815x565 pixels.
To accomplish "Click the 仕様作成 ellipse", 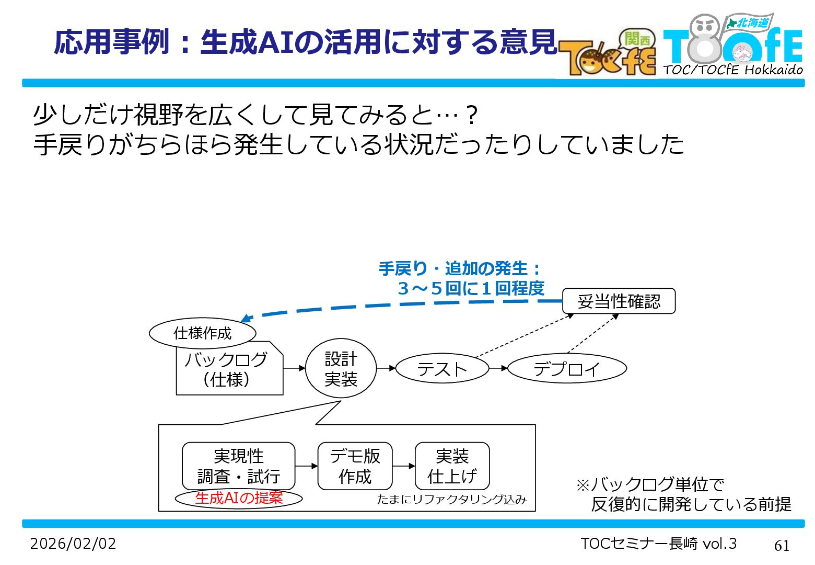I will pyautogui.click(x=203, y=333).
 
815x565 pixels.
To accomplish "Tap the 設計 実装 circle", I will pyautogui.click(x=341, y=369).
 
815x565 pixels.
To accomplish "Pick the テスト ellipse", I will pyautogui.click(x=442, y=369).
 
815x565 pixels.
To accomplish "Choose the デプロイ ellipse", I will pyautogui.click(x=567, y=369).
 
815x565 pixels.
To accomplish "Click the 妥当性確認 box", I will pyautogui.click(x=619, y=301).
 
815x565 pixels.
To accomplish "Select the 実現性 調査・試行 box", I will pyautogui.click(x=239, y=466).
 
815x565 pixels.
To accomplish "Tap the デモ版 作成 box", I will pyautogui.click(x=355, y=466).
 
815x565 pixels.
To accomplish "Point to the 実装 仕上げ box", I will pyautogui.click(x=452, y=466).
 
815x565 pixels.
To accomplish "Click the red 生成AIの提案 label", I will pyautogui.click(x=239, y=498).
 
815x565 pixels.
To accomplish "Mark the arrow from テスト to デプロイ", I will pyautogui.click(x=498, y=368).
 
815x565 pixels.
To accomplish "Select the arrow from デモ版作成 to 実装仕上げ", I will pyautogui.click(x=403, y=466).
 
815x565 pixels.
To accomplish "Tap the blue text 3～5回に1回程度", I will pyautogui.click(x=471, y=288).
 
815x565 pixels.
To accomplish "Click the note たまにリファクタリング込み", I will pyautogui.click(x=451, y=500).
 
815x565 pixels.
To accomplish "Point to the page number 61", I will pyautogui.click(x=782, y=546).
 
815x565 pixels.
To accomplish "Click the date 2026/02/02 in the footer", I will pyautogui.click(x=73, y=544).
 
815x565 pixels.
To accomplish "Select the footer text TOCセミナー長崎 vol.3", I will pyautogui.click(x=658, y=544).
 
